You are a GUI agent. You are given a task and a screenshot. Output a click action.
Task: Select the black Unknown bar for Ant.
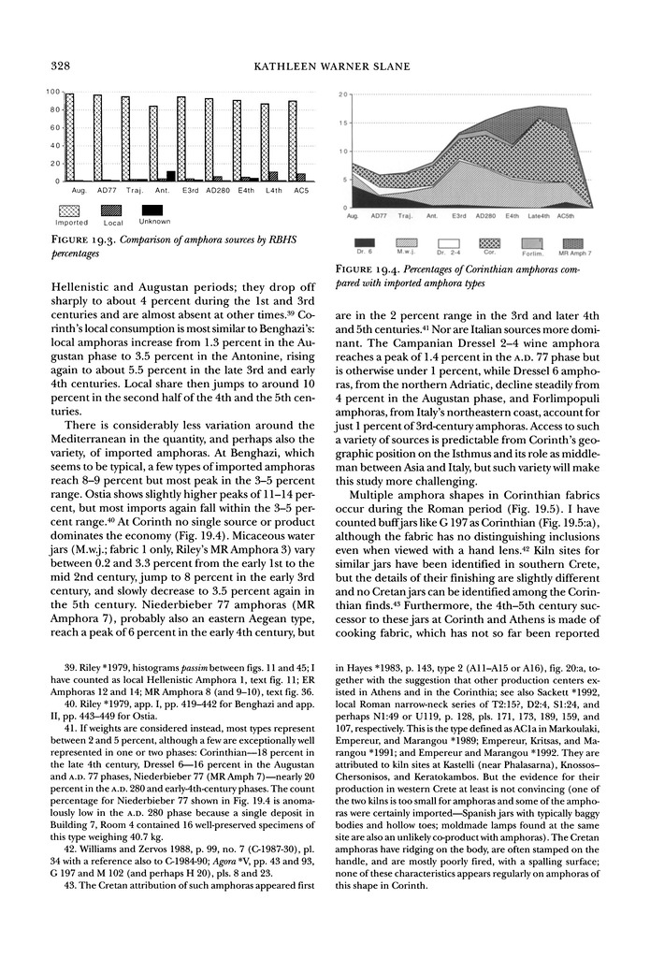click(170, 175)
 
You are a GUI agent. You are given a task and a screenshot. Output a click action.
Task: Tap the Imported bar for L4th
click(265, 142)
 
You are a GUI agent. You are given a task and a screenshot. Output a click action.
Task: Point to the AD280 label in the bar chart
click(216, 190)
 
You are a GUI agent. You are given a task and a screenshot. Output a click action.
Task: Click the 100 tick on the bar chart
click(55, 93)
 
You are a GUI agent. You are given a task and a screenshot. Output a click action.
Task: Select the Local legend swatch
click(112, 210)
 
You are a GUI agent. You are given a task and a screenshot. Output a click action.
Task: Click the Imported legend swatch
click(71, 210)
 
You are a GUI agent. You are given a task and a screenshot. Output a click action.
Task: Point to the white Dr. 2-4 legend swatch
click(447, 242)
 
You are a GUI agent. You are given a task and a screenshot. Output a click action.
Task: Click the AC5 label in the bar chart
click(300, 190)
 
